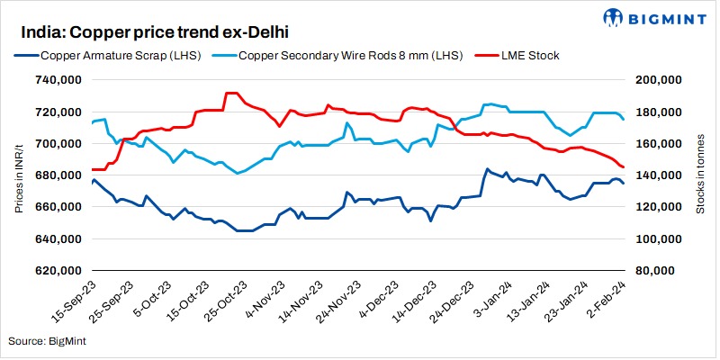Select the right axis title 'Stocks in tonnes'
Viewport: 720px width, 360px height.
click(700, 175)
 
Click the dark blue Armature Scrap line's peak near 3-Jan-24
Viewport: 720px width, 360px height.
click(487, 169)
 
